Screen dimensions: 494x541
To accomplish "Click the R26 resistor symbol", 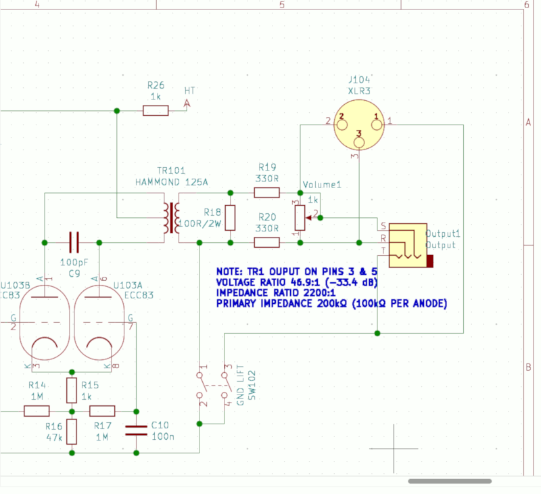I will pos(156,110).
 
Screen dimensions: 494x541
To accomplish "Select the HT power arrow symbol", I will pos(188,104).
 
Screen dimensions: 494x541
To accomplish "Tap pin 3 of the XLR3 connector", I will pos(360,143).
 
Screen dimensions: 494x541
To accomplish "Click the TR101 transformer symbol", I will pos(172,218).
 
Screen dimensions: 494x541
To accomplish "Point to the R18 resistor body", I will pos(230,217).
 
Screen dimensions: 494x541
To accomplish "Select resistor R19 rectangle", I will pos(266,192).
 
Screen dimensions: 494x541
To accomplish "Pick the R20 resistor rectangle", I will pos(266,242).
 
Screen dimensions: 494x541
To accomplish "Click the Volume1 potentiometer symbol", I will pos(300,217).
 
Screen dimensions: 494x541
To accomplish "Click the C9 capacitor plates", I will pos(74,242).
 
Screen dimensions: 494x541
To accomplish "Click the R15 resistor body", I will pos(72,390).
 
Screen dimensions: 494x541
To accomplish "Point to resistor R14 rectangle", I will pos(37,411).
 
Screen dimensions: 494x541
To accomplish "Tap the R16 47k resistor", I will pos(72,431).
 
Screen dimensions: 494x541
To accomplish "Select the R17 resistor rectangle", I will pos(103,411).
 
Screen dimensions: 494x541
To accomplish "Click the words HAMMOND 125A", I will pos(171,182).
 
